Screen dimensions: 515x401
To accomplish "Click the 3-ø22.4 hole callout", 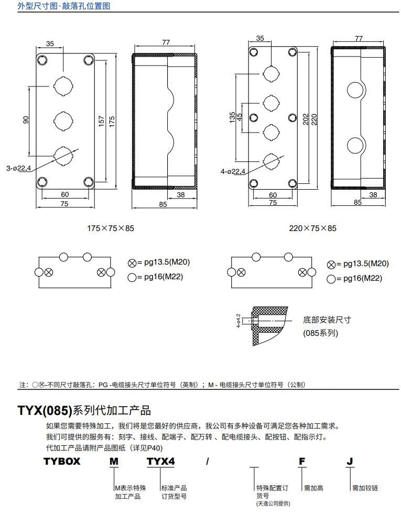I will [19, 168].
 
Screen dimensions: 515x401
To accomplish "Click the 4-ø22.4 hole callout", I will [233, 171].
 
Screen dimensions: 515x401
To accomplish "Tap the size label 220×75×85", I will [313, 228].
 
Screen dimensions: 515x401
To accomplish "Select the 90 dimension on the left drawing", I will [26, 120].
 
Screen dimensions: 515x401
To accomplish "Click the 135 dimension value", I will [232, 117].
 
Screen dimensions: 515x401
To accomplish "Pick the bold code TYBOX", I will [62, 462].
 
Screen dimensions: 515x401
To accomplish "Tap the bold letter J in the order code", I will [350, 462].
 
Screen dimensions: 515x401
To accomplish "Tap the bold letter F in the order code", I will [302, 462].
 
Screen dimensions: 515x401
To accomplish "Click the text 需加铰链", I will [365, 488].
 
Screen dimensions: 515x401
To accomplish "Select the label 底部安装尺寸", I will [327, 320].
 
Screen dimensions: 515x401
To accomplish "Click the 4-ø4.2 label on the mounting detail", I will [239, 320].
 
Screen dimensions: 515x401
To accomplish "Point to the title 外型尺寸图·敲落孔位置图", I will [64, 6].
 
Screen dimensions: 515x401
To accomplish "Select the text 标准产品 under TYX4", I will [174, 488].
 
